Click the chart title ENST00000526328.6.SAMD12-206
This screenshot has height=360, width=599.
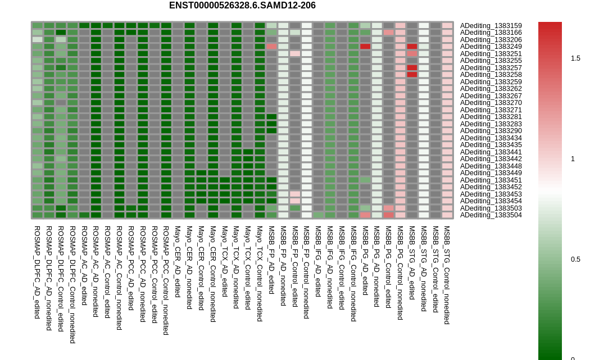(242, 6)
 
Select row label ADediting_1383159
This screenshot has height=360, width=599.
(491, 26)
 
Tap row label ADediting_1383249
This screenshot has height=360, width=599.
(491, 47)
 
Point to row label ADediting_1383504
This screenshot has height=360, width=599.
(491, 215)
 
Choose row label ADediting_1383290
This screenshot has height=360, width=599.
(491, 131)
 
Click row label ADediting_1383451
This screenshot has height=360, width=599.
(491, 180)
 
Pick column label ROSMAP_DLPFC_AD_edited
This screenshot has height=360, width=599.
(37, 272)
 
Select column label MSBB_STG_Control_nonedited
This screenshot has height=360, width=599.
(447, 275)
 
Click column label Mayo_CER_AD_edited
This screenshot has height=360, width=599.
(177, 262)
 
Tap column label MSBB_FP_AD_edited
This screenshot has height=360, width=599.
(271, 259)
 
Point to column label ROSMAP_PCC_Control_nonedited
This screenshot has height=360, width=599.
(166, 280)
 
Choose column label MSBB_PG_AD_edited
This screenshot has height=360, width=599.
(365, 261)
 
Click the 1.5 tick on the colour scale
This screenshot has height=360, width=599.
(575, 58)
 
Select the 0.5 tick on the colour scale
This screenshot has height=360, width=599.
(575, 259)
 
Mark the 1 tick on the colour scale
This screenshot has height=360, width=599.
(573, 159)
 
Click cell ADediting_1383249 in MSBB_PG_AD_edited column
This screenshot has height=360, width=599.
(365, 47)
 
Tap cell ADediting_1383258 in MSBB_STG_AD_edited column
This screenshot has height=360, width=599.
(412, 75)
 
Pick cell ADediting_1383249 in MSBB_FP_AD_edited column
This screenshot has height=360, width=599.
(271, 47)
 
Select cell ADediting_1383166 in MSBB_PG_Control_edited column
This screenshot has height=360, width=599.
(388, 33)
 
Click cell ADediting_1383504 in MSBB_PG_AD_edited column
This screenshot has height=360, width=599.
(365, 215)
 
